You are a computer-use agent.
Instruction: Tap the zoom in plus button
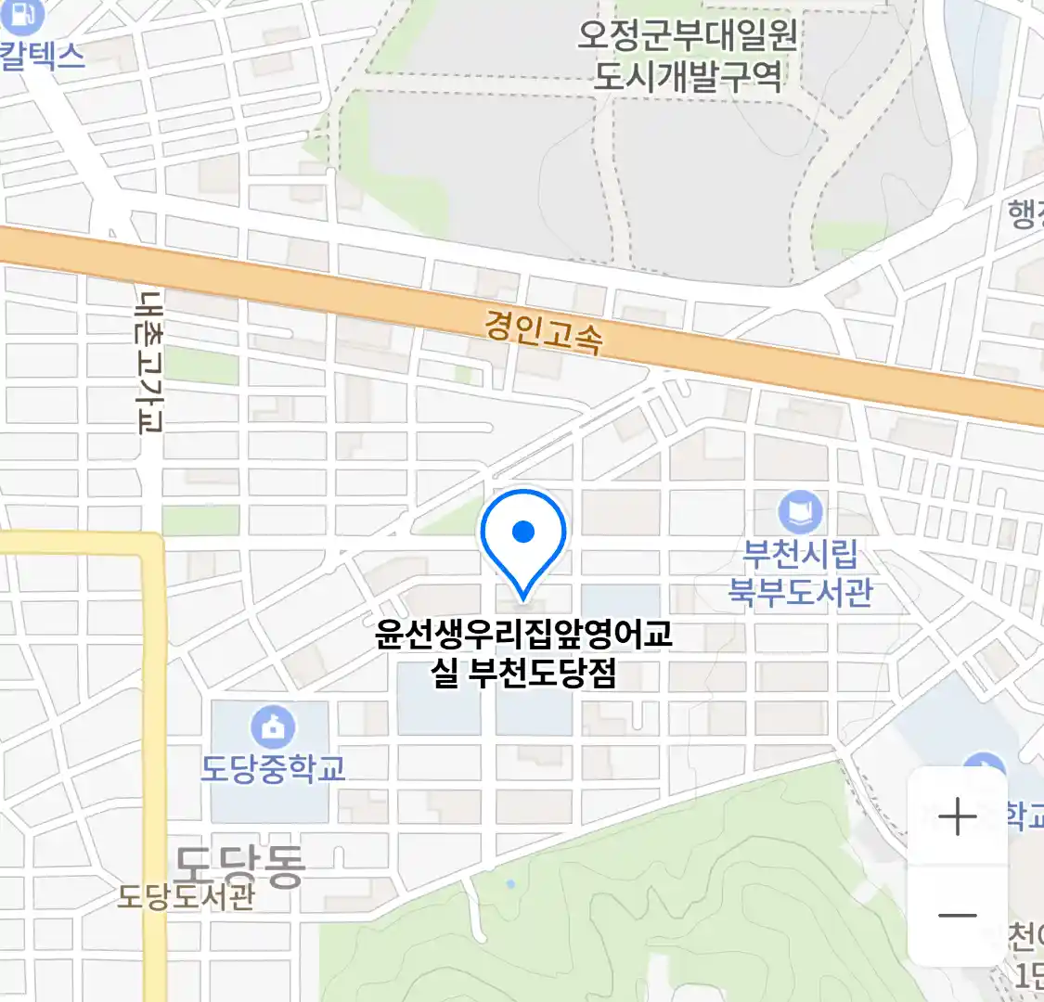click(x=957, y=817)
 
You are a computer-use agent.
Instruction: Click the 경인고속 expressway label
click(x=543, y=331)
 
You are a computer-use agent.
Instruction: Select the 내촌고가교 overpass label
click(x=148, y=362)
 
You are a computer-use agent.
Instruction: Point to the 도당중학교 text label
click(x=273, y=768)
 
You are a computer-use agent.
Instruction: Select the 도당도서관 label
click(x=186, y=897)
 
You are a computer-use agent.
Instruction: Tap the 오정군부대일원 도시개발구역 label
click(x=687, y=56)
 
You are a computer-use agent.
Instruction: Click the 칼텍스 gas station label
click(x=41, y=55)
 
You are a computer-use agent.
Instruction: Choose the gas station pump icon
click(x=25, y=14)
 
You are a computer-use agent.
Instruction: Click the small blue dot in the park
click(x=510, y=884)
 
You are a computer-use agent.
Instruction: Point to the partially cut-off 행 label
click(x=1025, y=214)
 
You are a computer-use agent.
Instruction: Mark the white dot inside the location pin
click(x=523, y=532)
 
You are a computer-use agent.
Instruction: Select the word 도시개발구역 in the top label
click(x=687, y=76)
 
